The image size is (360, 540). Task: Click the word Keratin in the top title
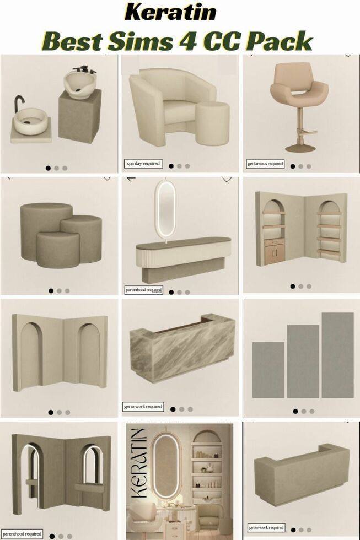tap(170, 12)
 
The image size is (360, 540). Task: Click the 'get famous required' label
tap(265, 164)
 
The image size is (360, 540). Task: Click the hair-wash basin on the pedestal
tap(80, 83)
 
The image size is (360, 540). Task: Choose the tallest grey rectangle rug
tap(337, 355)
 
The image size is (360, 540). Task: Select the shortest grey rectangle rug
tap(268, 369)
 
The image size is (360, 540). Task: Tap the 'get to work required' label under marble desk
tap(143, 407)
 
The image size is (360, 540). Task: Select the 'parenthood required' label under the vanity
tap(143, 289)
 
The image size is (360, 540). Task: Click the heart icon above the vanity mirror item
tap(227, 180)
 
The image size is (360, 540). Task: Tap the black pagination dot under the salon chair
tap(292, 166)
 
